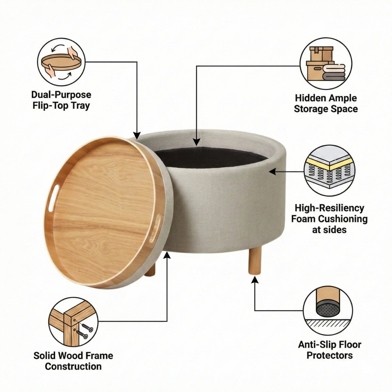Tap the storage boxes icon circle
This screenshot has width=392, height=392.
tap(326, 63)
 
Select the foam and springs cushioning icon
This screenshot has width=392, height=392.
tap(329, 171)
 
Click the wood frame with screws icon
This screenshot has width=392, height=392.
tap(73, 322)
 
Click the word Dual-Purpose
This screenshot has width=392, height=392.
tap(61, 95)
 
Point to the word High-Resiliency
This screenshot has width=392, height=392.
tap(329, 208)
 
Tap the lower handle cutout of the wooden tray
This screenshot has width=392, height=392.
tap(157, 226)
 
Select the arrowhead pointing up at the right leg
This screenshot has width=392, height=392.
tap(255, 281)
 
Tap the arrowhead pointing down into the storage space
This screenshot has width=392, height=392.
tap(196, 141)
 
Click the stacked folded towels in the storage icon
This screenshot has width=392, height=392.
tap(334, 73)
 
